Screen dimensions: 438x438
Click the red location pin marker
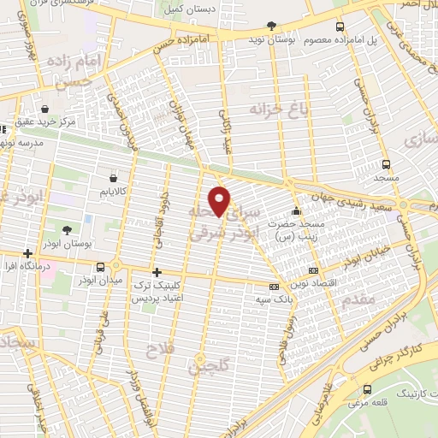(x=220, y=201)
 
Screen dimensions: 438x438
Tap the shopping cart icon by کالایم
(x=114, y=179)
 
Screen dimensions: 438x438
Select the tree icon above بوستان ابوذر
(x=67, y=229)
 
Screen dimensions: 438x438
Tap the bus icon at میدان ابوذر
(x=102, y=267)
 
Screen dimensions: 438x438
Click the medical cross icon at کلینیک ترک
(x=156, y=271)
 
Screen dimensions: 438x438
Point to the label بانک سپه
(x=269, y=300)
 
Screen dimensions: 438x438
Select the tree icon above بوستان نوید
(x=272, y=27)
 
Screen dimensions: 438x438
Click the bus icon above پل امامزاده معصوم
(x=340, y=27)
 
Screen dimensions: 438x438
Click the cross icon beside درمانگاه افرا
(x=29, y=253)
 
